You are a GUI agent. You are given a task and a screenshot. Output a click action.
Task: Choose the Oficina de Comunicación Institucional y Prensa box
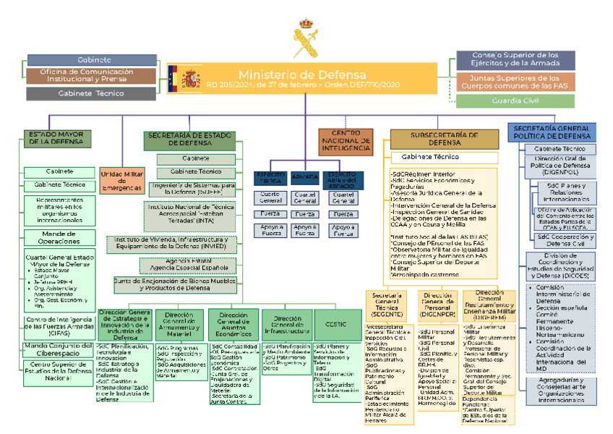pyautogui.click(x=92, y=76)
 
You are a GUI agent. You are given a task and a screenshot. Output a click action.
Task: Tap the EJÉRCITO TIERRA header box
pyautogui.click(x=270, y=177)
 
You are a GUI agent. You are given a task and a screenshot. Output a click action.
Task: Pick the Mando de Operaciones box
pyautogui.click(x=59, y=237)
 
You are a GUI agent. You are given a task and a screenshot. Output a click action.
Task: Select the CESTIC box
pyautogui.click(x=335, y=324)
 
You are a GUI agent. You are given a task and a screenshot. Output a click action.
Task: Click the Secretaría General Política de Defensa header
pyautogui.click(x=553, y=132)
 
